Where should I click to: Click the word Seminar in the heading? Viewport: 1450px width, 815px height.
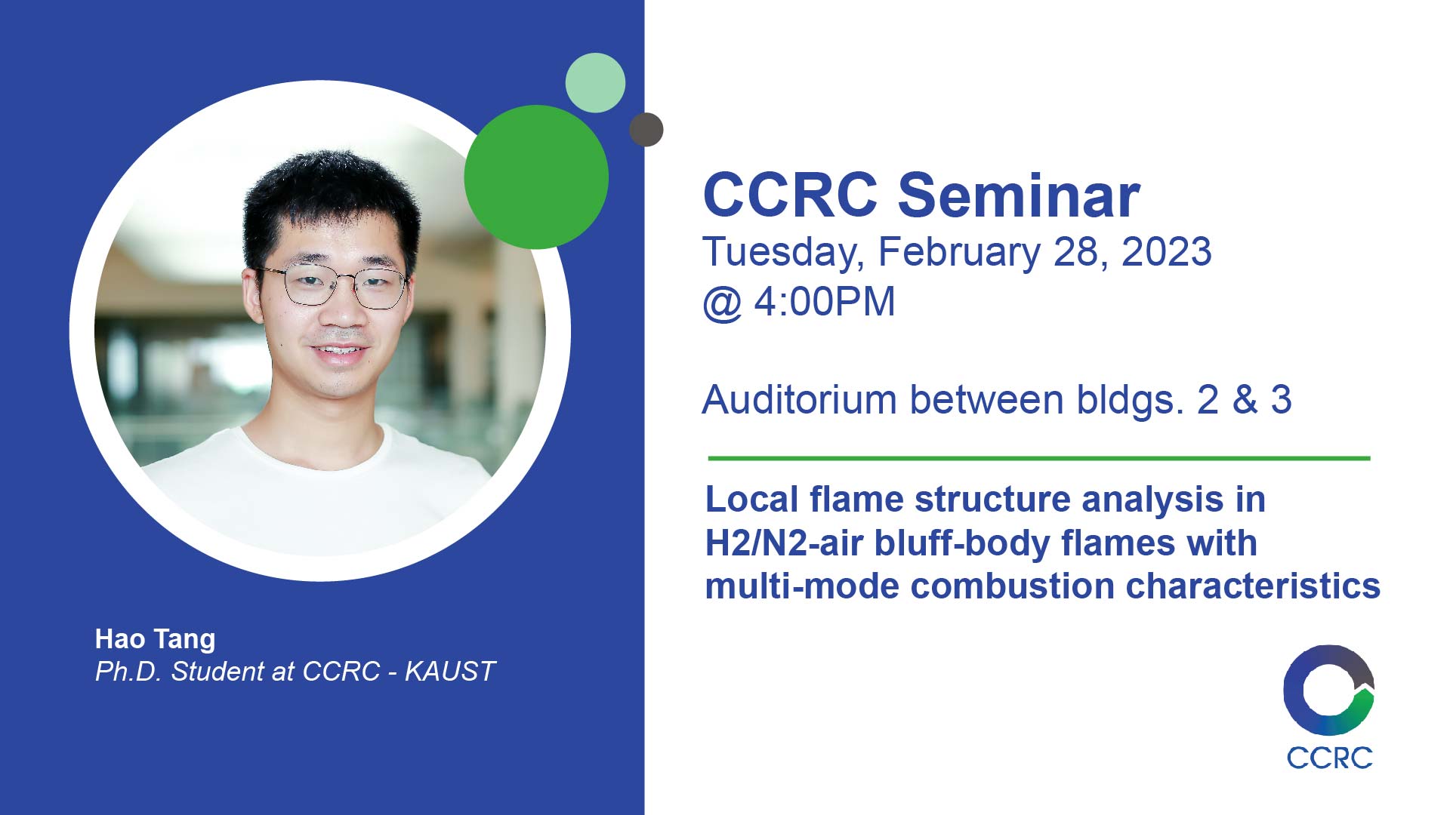pyautogui.click(x=1019, y=195)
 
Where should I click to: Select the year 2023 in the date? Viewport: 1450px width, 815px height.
pyautogui.click(x=1167, y=252)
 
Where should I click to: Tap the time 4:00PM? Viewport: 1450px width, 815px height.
pyautogui.click(x=825, y=302)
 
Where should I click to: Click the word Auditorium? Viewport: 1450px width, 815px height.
pyautogui.click(x=800, y=400)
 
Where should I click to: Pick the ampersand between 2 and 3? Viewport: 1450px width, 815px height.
pyautogui.click(x=1245, y=400)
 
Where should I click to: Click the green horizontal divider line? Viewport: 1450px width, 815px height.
pyautogui.click(x=1039, y=458)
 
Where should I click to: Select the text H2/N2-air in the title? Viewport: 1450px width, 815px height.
pyautogui.click(x=784, y=543)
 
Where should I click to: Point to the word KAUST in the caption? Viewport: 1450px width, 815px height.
pyautogui.click(x=449, y=672)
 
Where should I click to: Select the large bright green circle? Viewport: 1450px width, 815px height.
pyautogui.click(x=536, y=177)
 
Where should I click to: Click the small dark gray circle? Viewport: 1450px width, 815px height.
pyautogui.click(x=646, y=129)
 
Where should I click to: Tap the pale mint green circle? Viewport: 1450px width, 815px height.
pyautogui.click(x=595, y=83)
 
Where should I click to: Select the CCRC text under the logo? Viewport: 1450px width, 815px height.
pyautogui.click(x=1329, y=758)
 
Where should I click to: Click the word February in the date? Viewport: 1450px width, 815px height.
pyautogui.click(x=959, y=254)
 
